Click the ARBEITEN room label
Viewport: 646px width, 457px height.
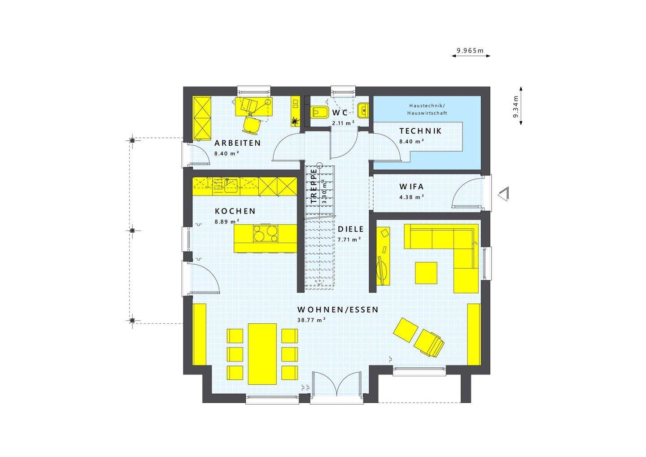(237, 144)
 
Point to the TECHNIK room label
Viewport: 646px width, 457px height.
(420, 131)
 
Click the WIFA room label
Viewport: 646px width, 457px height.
(411, 187)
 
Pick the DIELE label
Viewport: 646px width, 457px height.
(351, 229)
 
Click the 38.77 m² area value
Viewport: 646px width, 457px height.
(311, 320)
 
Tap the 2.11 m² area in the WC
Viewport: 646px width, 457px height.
(343, 123)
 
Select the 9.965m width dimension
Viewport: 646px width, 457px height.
(470, 51)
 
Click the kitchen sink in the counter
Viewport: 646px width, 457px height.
(231, 185)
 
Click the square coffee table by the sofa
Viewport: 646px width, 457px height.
(426, 273)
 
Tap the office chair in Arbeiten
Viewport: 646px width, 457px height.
(252, 124)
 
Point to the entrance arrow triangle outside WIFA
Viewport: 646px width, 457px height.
(504, 194)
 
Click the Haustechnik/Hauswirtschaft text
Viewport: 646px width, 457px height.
(427, 109)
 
